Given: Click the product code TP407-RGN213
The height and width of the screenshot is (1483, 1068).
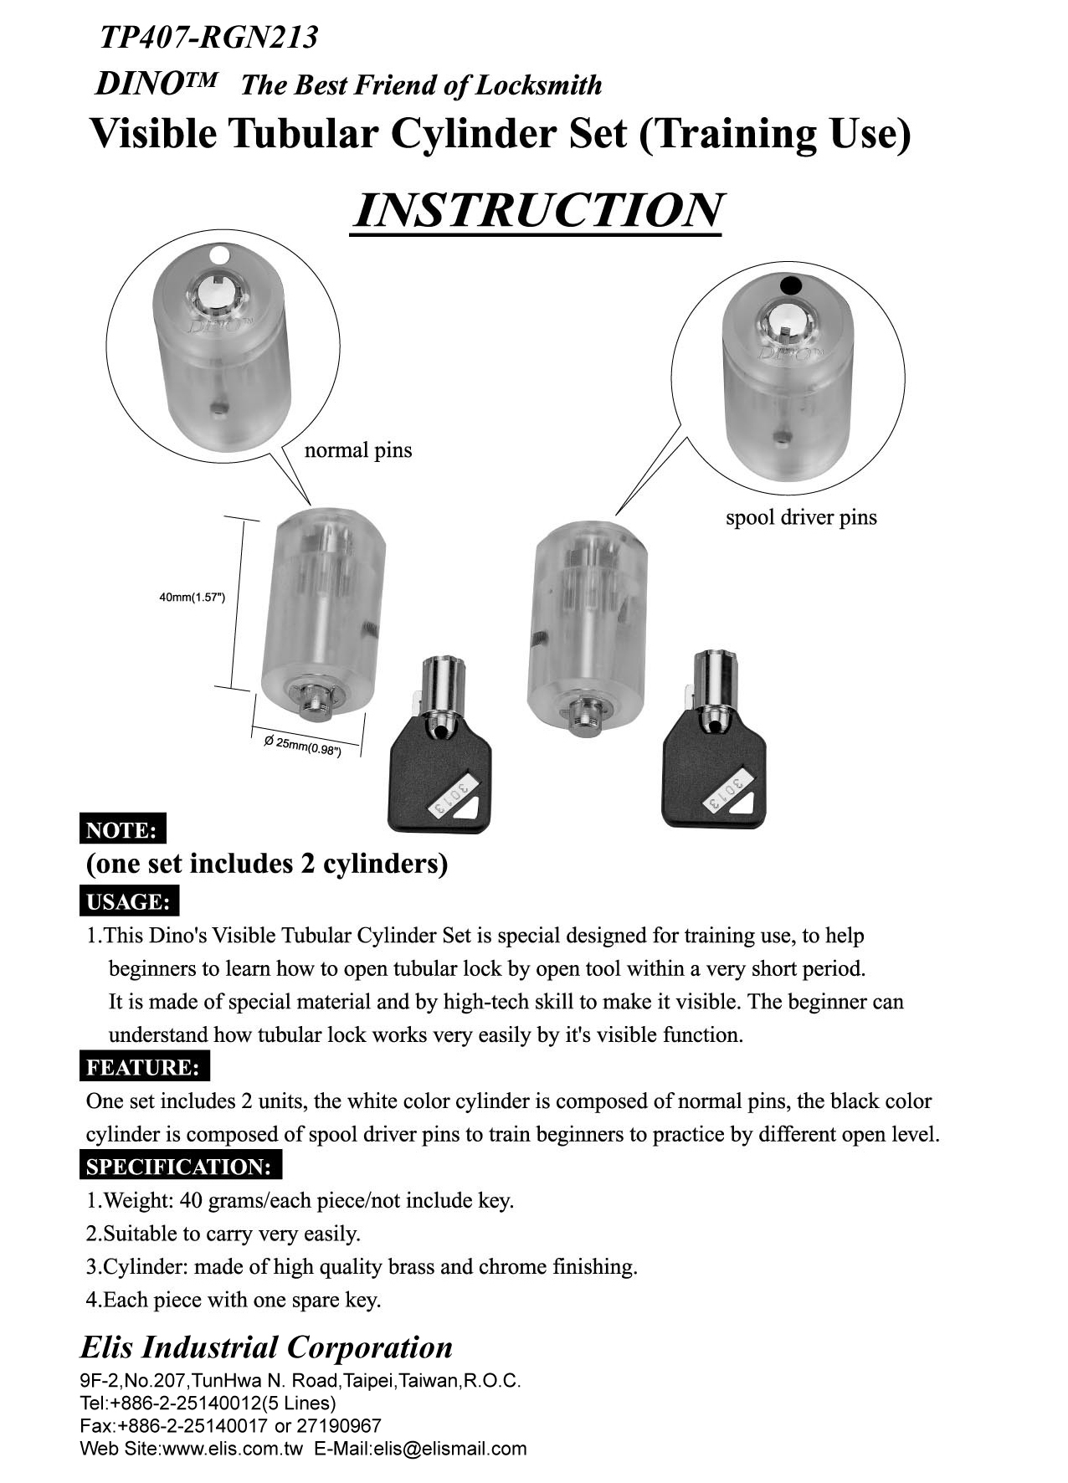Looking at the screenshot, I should coord(208,37).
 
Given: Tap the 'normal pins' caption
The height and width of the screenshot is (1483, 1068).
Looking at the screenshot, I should coord(357,450).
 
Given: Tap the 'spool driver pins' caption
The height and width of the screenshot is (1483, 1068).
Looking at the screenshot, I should coord(801,517).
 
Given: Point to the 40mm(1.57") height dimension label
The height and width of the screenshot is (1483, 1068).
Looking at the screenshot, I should coord(192,597).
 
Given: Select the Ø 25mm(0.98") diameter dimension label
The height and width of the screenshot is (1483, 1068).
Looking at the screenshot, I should coord(302,745).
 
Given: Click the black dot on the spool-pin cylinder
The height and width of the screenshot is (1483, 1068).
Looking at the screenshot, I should coord(790,285).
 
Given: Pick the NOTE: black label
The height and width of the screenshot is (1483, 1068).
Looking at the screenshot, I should coord(122,829).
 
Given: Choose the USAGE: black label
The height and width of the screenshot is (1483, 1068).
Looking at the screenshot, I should coord(128,901).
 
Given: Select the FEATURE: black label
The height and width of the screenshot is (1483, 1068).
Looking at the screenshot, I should coord(143,1067).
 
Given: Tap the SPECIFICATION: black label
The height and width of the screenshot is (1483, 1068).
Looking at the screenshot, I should coord(179,1166).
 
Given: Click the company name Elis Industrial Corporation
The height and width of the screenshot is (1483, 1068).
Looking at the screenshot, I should coord(266,1347).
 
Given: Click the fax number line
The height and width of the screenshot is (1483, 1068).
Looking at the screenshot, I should coord(230,1425).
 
